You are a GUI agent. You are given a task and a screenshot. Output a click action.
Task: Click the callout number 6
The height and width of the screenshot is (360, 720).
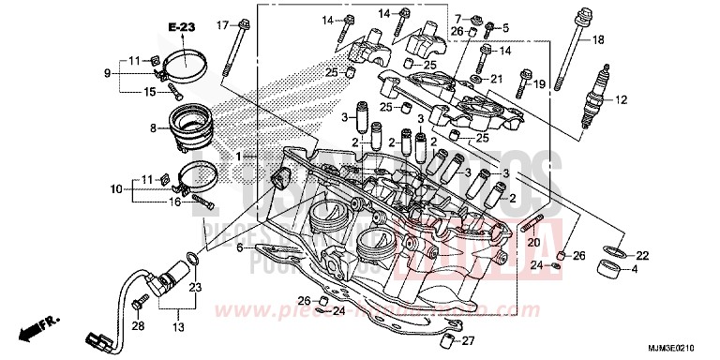240,247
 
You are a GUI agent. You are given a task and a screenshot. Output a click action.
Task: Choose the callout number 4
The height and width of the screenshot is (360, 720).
635,270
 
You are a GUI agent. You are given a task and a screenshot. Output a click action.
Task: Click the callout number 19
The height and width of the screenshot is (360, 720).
539,84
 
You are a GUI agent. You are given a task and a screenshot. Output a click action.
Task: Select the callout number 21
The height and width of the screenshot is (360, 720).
497,79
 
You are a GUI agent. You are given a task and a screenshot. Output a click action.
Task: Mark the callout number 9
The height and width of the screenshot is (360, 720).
108,73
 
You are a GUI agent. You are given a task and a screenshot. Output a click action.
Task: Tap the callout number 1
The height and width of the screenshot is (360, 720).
240,155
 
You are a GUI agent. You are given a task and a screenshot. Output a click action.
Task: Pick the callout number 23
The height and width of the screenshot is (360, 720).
195,288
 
